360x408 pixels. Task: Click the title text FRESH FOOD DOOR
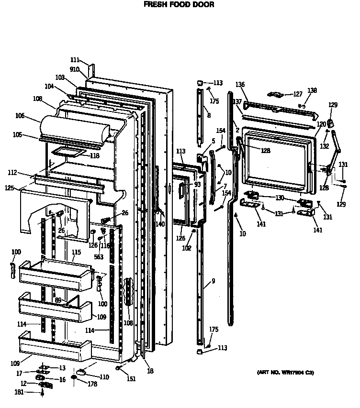coord(179,4)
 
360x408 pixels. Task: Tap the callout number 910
coord(74,69)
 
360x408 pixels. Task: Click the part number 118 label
coord(94,155)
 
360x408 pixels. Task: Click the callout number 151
coord(131,379)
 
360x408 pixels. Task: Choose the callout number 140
coord(160,224)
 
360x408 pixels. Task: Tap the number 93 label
coord(197,184)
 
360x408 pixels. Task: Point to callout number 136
coord(240,84)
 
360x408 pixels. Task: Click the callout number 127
coord(298,94)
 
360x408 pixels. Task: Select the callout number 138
coord(312,90)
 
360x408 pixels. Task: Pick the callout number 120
coord(322,123)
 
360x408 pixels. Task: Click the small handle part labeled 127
coord(277,94)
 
